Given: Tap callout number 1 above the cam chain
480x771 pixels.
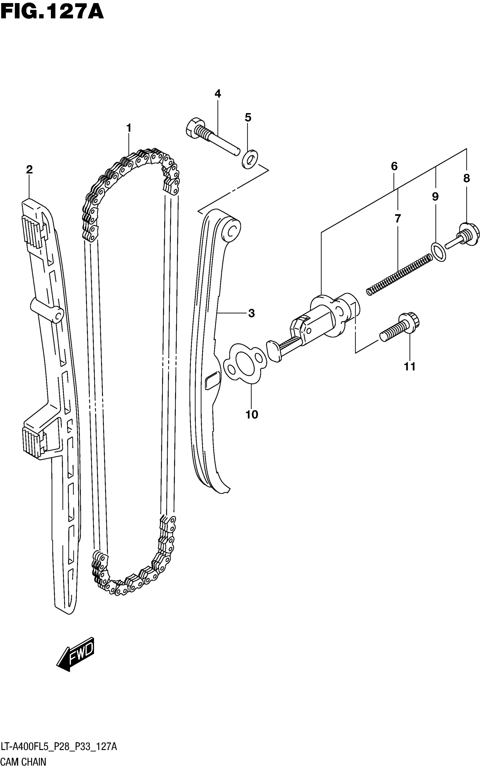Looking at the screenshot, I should click(128, 128).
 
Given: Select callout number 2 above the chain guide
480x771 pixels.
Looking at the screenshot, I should click(29, 170).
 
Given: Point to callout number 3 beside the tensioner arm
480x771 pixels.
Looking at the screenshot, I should click(251, 314).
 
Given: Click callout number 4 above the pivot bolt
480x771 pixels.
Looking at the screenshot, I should click(218, 94).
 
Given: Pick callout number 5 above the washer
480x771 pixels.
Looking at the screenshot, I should click(248, 117).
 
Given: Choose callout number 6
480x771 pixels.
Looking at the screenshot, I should click(394, 166).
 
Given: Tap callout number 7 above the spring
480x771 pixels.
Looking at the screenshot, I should click(398, 218).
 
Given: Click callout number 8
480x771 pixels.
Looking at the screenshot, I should click(466, 178).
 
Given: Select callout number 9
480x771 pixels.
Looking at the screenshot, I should click(435, 197).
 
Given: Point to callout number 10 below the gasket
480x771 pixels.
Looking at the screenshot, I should click(252, 414).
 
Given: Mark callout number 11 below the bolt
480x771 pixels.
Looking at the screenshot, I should click(409, 367).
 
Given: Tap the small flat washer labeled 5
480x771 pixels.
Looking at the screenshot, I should click(250, 159).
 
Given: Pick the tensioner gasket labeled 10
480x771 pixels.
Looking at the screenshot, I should click(245, 362).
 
